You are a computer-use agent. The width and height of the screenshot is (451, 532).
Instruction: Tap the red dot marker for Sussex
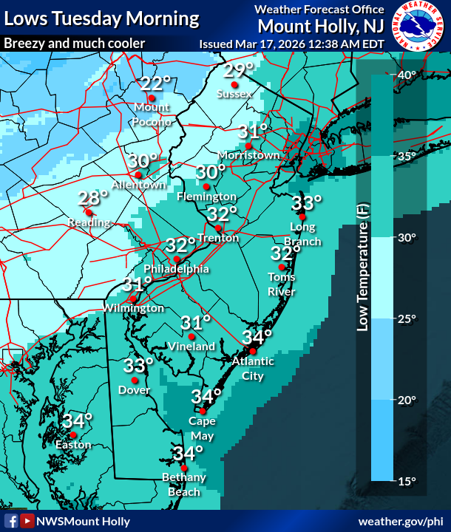pyautogui.click(x=234, y=84)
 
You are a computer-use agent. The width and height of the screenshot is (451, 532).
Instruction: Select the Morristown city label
pyautogui.click(x=249, y=155)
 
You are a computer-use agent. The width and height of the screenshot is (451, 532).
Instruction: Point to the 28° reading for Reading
pyautogui.click(x=93, y=197)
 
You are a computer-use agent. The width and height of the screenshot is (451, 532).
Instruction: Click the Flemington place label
pyautogui.click(x=206, y=197)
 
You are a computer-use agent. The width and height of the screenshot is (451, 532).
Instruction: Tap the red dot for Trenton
pyautogui.click(x=219, y=228)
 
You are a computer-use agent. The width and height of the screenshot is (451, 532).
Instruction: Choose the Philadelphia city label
pyautogui.click(x=177, y=269)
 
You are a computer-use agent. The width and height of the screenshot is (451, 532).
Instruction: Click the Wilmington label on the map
pyautogui.click(x=133, y=307)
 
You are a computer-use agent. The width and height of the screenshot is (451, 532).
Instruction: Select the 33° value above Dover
pyautogui.click(x=138, y=365)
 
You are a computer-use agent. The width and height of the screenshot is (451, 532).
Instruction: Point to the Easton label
pyautogui.click(x=73, y=445)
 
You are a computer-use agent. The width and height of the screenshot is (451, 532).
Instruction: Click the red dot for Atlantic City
pyautogui.click(x=252, y=351)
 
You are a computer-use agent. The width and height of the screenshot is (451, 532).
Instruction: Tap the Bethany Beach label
pyautogui.click(x=184, y=485)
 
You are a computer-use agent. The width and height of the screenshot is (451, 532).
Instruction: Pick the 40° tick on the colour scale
pyautogui.click(x=408, y=75)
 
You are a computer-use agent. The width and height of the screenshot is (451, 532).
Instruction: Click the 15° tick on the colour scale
pyautogui.click(x=408, y=481)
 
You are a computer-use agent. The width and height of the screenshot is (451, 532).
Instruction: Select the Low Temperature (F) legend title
pyautogui.click(x=362, y=267)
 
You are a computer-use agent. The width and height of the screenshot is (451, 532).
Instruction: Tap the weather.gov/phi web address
pyautogui.click(x=401, y=521)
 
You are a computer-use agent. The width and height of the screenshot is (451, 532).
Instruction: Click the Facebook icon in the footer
pyautogui.click(x=10, y=521)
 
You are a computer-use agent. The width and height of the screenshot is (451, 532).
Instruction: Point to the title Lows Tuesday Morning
pyautogui.click(x=101, y=18)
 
